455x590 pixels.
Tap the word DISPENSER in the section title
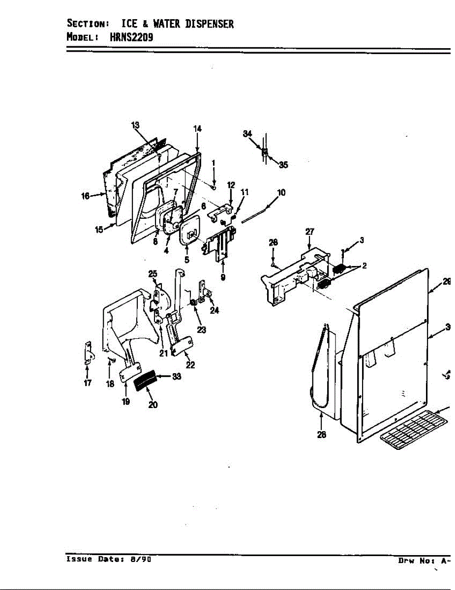pyautogui.click(x=209, y=24)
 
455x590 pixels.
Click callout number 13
pyautogui.click(x=135, y=125)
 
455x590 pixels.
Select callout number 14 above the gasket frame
pyautogui.click(x=197, y=129)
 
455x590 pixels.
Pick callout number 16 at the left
pyautogui.click(x=85, y=196)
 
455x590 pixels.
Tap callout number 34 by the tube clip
pyautogui.click(x=247, y=134)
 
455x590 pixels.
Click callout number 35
pyautogui.click(x=283, y=165)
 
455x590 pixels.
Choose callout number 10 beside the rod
pyautogui.click(x=281, y=193)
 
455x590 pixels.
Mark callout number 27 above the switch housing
pyautogui.click(x=310, y=231)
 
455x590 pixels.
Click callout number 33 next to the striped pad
pyautogui.click(x=177, y=377)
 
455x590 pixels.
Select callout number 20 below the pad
pyautogui.click(x=153, y=405)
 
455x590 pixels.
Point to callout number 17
pyautogui.click(x=88, y=383)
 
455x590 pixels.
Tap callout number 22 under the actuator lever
pyautogui.click(x=190, y=365)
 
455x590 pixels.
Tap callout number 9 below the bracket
pyautogui.click(x=223, y=277)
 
